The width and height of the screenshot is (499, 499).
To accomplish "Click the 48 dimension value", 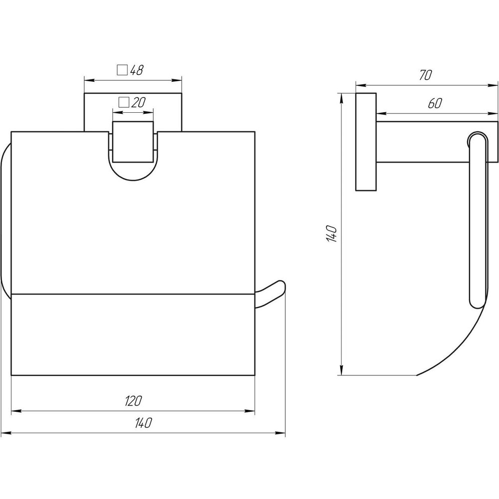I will pos(137,70).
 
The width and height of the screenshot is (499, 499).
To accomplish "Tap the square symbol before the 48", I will pos(122,70).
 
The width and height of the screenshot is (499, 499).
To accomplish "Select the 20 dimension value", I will pos(138,103).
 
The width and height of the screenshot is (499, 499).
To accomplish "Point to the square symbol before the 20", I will pos(124,103).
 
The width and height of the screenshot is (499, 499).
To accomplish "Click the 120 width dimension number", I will pos(133,401).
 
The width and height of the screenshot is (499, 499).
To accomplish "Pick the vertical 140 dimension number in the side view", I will pos(333,233).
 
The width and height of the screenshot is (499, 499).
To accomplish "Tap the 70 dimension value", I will pos(425,75).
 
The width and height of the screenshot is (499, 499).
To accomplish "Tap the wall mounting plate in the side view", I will pos(365,142).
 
